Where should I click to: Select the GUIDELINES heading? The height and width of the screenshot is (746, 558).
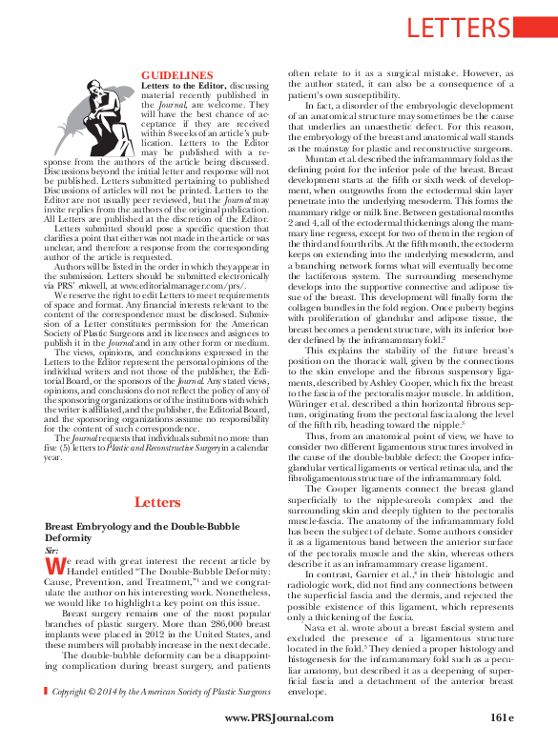(x=177, y=73)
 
